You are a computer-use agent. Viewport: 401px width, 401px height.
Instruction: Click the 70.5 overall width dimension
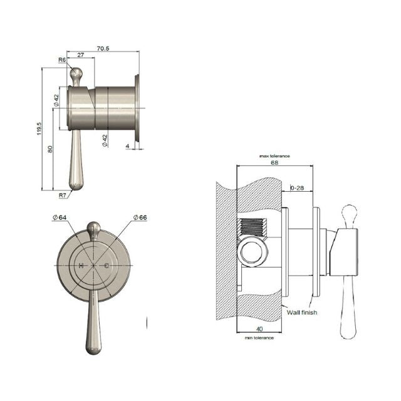[x=103, y=48]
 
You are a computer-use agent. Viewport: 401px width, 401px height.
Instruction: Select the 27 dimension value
[x=80, y=56]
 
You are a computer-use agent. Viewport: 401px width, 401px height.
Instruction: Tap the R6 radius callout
[x=62, y=60]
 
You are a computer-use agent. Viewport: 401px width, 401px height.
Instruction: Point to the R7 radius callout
[x=63, y=195]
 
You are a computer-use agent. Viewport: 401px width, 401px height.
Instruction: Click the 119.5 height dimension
[x=39, y=128]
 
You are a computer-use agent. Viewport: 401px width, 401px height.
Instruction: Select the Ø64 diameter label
[x=60, y=217]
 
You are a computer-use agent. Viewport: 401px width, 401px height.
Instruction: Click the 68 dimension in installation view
[x=274, y=162]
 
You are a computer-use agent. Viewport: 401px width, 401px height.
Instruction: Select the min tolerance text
[x=259, y=338]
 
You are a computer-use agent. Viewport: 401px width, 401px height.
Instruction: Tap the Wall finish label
[x=301, y=310]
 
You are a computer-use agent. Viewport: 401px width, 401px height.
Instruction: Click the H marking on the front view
[x=81, y=266]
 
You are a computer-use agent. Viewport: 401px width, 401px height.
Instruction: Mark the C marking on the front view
[x=106, y=266]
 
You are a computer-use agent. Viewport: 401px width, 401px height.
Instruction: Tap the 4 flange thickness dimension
[x=128, y=147]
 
